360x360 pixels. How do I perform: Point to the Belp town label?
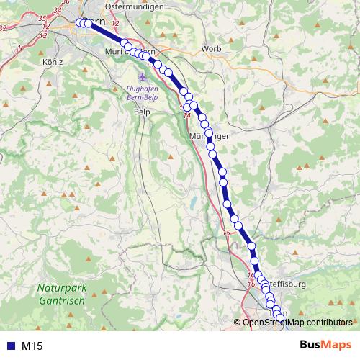click(142, 112)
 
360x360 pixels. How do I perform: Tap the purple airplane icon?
click(142, 76)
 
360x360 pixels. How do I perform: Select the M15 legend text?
click(32, 346)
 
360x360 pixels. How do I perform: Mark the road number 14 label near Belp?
click(186, 115)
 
